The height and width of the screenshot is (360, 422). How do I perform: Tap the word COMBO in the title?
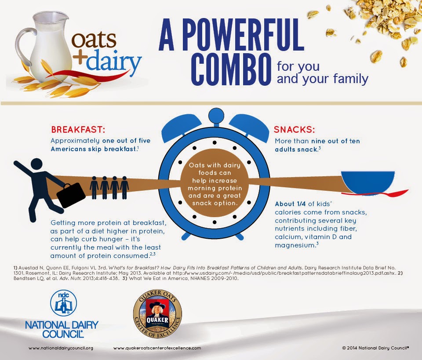point(232,69)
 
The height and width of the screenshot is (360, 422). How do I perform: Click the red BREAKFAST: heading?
point(78,129)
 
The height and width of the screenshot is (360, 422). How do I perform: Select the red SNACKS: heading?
point(295,129)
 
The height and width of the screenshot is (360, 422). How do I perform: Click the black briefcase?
point(71,195)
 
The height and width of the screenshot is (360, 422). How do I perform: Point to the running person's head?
point(36,164)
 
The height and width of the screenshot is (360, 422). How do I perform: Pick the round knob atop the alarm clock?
point(216,116)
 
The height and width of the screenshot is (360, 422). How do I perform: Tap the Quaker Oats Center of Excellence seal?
point(157,314)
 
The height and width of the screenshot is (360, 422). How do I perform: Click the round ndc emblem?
point(63,303)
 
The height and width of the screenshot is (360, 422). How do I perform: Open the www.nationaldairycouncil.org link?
point(61,348)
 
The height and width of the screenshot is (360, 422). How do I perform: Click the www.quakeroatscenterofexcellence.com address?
point(157,348)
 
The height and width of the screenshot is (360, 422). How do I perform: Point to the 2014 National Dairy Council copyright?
point(375,348)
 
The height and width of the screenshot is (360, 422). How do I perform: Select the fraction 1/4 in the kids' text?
point(301,204)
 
